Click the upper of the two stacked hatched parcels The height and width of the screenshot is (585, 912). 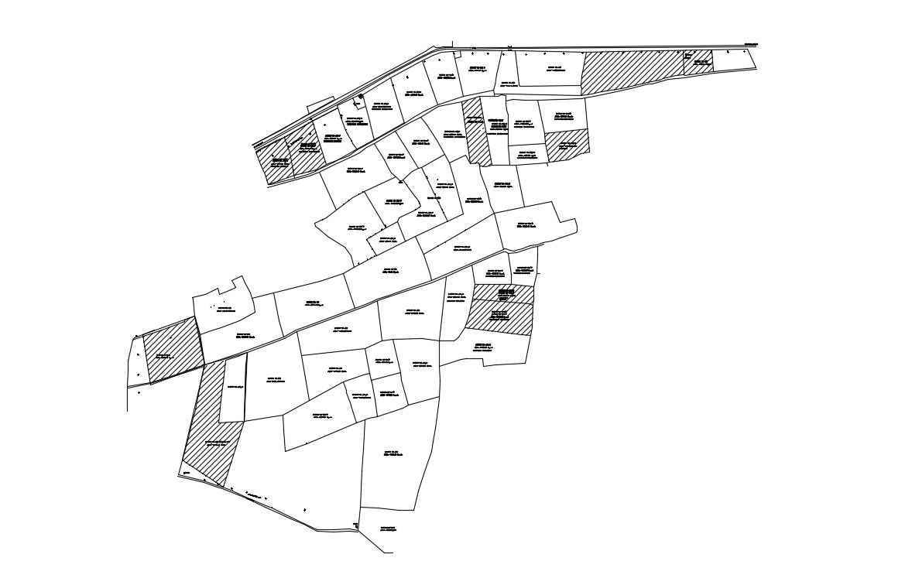pyautogui.click(x=503, y=294)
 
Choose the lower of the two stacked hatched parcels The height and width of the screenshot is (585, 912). pyautogui.click(x=499, y=318)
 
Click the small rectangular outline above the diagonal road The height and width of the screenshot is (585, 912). pyautogui.click(x=321, y=105)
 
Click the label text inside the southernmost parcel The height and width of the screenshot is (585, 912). pyautogui.click(x=388, y=529)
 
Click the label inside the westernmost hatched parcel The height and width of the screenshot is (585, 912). pyautogui.click(x=164, y=356)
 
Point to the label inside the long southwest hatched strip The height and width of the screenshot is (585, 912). pyautogui.click(x=217, y=443)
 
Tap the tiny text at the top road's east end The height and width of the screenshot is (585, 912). pyautogui.click(x=750, y=44)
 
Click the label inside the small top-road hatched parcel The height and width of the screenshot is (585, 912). pyautogui.click(x=701, y=61)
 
